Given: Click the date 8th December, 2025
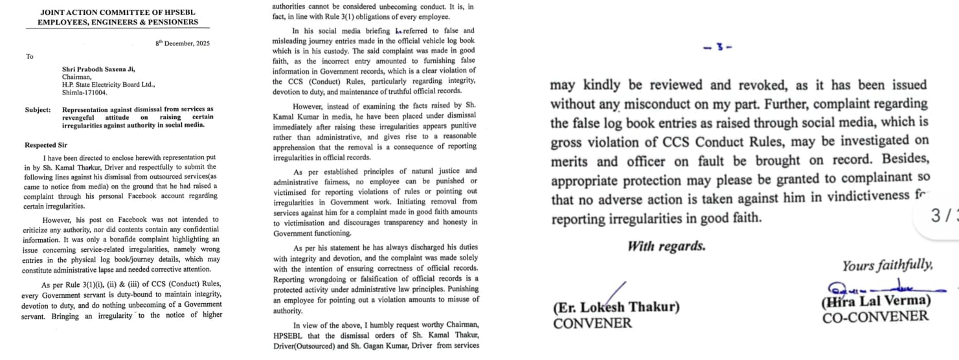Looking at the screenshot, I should click(182, 43).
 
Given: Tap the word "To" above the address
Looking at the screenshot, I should click(30, 57).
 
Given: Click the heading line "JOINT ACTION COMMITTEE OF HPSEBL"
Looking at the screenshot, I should click(118, 12).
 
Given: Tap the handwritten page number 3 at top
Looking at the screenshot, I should click(717, 47).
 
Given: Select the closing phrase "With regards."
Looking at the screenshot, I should click(666, 246).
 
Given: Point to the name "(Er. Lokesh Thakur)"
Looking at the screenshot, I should click(616, 307).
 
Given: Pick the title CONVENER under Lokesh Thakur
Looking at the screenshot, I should click(592, 322).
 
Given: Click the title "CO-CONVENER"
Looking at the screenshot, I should click(875, 317).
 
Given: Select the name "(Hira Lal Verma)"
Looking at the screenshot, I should click(875, 301).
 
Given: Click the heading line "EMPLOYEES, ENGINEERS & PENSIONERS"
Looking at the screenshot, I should click(118, 22).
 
